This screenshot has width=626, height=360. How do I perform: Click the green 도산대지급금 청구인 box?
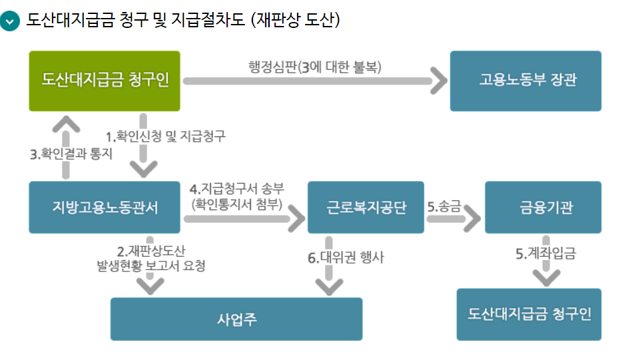pos(105,81)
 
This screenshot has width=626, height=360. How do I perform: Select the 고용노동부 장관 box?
pos(525,81)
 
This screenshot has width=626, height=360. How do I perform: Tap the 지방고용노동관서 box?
pos(105,207)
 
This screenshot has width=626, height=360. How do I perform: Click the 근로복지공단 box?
pos(366,207)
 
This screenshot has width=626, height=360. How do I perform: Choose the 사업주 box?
pos(236,319)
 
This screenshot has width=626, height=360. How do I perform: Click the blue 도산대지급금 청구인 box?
pos(529,314)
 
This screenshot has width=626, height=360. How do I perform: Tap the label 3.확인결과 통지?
pos(71,154)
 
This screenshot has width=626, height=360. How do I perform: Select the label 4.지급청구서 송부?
pos(236,190)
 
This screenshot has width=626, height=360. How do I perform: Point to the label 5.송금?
pos(444,206)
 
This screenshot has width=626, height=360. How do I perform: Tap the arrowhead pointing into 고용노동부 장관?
pos(440,81)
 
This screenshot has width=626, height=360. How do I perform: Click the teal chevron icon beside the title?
pos(11,21)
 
